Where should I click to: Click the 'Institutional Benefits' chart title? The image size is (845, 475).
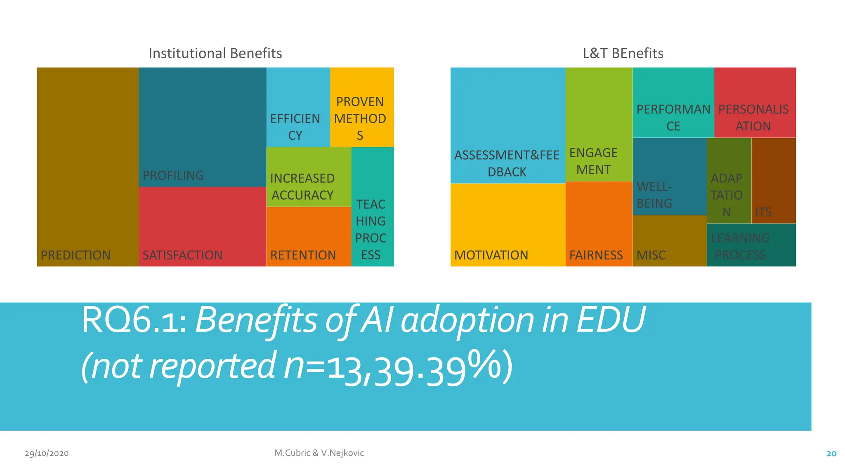point(215,53)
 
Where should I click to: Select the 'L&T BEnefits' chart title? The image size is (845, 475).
point(623,53)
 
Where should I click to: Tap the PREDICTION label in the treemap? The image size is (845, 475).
point(76,255)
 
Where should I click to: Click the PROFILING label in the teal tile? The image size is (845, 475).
point(173,175)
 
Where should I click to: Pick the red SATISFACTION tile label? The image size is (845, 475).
point(182,255)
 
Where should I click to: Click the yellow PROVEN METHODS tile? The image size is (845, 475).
point(360,118)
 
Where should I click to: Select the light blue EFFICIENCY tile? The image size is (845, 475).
point(295,127)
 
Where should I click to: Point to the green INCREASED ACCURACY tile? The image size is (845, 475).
point(302,186)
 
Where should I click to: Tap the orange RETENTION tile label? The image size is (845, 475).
point(303,255)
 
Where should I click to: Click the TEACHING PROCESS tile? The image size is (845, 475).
point(371,229)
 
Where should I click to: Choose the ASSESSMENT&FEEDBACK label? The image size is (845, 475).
point(507,163)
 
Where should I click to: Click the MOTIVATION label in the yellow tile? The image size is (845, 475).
point(491,255)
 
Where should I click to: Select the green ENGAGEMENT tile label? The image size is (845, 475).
point(593,161)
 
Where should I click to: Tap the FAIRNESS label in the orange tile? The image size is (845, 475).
point(596,255)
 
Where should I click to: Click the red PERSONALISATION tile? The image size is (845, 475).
point(753,117)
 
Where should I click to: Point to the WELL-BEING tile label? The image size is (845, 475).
point(654,195)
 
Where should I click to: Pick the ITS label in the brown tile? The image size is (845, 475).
point(763,212)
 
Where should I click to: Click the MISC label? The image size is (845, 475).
point(651,255)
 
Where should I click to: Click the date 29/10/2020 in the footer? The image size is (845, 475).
point(47,453)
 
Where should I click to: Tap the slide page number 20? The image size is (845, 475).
point(831,454)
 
